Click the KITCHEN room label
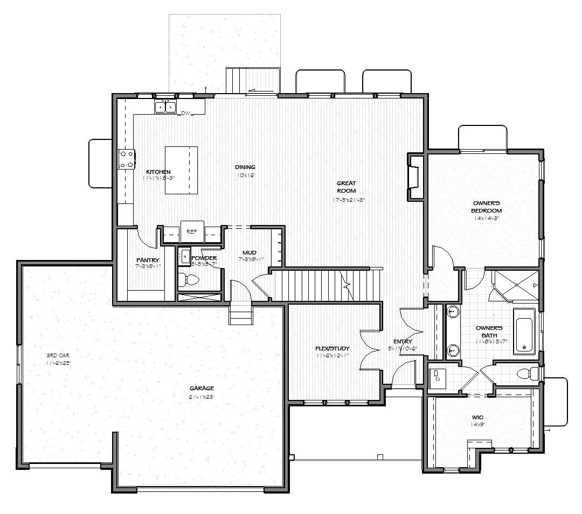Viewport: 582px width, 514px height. (x=158, y=172)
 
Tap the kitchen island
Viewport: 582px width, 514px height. (x=181, y=170)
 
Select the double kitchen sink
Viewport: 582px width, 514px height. (x=166, y=107)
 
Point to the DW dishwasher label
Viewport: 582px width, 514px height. (x=186, y=114)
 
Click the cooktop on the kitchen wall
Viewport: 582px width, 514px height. (x=126, y=159)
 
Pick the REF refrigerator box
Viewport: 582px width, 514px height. (x=192, y=231)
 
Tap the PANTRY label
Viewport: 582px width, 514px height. (x=147, y=260)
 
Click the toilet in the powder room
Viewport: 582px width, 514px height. (x=189, y=279)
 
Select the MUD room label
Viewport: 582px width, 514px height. (x=249, y=252)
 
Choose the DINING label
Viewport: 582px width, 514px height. (x=245, y=167)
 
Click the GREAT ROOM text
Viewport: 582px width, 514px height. (x=347, y=187)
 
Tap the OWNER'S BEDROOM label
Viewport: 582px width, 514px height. (x=487, y=207)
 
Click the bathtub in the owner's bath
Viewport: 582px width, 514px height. (x=523, y=330)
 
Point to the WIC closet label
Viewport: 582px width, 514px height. (x=477, y=417)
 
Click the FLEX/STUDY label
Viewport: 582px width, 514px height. (x=332, y=348)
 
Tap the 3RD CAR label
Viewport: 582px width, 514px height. (x=58, y=355)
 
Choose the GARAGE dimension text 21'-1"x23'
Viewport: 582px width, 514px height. (x=202, y=397)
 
